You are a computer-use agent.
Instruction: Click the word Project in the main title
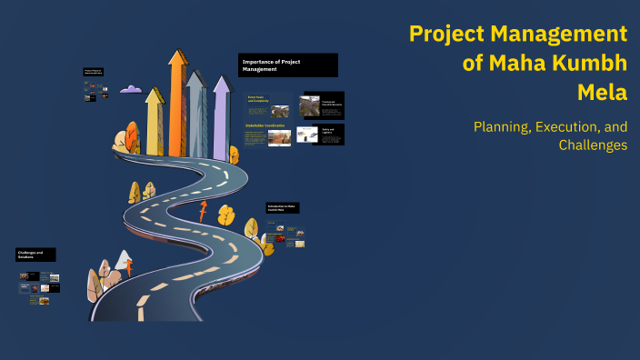(x=449, y=35)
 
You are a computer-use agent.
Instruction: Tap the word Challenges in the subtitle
(x=593, y=145)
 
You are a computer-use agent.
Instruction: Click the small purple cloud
(x=131, y=89)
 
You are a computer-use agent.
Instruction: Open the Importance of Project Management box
(x=287, y=65)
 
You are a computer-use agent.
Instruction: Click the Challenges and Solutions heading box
(x=35, y=255)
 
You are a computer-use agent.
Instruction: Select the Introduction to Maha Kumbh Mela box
(x=283, y=209)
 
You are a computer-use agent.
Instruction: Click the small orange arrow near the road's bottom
(x=129, y=267)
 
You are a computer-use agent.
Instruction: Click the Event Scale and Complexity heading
(x=256, y=99)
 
